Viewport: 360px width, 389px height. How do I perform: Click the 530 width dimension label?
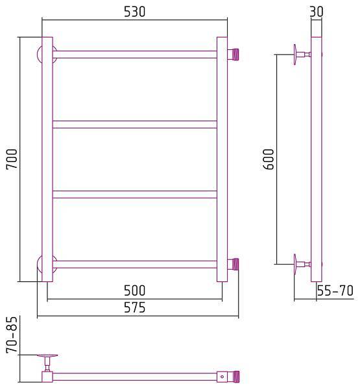[134, 12]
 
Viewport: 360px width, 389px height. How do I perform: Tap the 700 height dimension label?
[12, 159]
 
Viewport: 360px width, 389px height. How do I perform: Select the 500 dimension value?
[134, 290]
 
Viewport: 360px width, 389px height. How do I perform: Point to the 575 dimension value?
[134, 307]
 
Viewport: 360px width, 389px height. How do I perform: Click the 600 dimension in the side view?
[268, 159]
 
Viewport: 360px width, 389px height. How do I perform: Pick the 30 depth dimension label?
[317, 12]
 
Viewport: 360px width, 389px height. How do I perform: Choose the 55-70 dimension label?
[335, 290]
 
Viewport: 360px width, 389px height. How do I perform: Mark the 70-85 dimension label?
[12, 335]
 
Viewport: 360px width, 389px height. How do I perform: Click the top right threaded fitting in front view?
[233, 54]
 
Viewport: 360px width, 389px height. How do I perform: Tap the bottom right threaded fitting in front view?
[233, 265]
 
